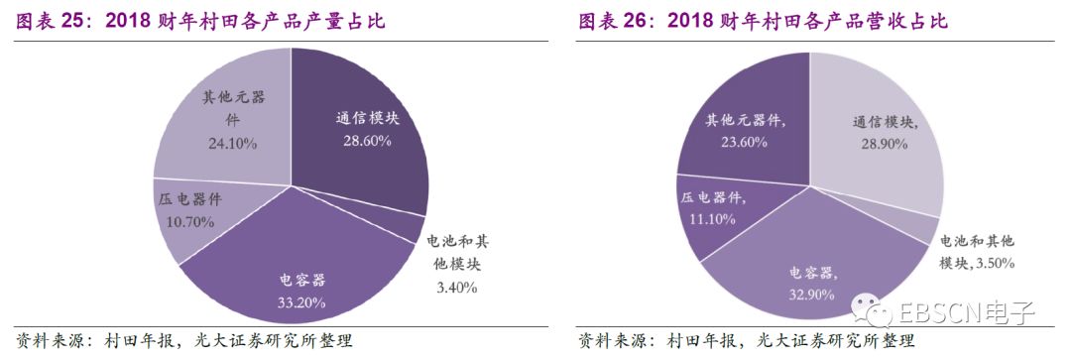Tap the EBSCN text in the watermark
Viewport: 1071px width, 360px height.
pyautogui.click(x=939, y=315)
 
